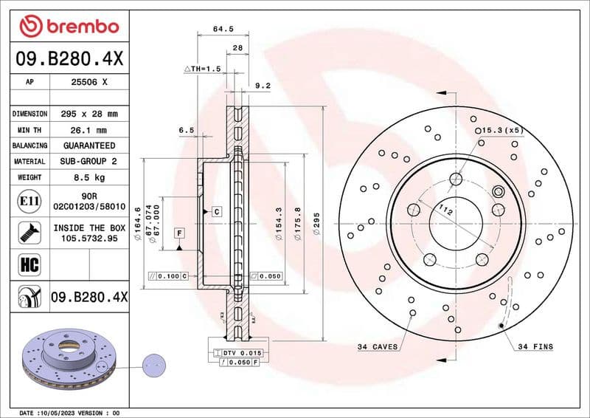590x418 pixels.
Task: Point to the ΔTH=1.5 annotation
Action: (202, 68)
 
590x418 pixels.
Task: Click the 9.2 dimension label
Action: (263, 86)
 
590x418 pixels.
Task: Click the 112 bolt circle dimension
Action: (444, 211)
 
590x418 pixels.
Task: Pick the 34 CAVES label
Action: (377, 346)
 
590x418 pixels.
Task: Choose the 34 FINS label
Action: (535, 346)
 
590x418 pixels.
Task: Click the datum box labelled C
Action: (217, 211)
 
